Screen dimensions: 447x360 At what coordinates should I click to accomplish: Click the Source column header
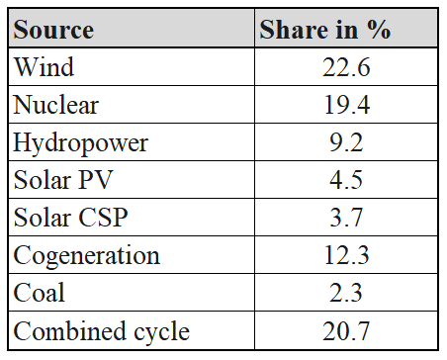coord(53,30)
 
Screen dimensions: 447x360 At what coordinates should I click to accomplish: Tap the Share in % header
coord(325,30)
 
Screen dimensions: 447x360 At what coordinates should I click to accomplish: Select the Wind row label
coord(44,67)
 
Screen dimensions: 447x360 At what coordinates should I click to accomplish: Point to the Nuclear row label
coord(56,105)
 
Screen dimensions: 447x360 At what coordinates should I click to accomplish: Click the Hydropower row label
coord(81,143)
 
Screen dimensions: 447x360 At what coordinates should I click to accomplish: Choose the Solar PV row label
coord(63,180)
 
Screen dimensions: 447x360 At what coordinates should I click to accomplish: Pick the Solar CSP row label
coord(70,218)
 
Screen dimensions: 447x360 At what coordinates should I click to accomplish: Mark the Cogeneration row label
coord(87,256)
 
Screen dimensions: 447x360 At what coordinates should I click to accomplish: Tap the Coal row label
coord(39,293)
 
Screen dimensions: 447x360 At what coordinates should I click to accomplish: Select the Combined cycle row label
coord(102,331)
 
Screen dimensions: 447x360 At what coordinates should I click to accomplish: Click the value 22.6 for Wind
coord(346,67)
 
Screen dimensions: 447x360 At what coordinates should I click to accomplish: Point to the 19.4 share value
coord(347,105)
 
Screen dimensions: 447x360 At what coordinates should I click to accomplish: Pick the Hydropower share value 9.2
coord(346,142)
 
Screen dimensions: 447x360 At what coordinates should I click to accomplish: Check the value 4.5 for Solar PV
coord(346,180)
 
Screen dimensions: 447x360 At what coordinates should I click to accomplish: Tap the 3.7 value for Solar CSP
coord(346,218)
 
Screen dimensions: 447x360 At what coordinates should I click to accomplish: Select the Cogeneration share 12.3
coord(346,255)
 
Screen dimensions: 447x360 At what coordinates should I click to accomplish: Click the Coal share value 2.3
coord(346,293)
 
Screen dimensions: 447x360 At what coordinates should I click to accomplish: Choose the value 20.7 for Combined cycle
coord(346,331)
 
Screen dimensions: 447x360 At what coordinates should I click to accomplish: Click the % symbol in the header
coord(379,30)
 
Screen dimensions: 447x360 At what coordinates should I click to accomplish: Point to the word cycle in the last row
coord(161,331)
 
